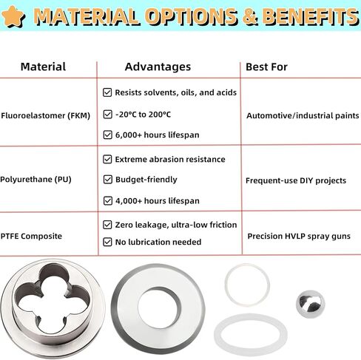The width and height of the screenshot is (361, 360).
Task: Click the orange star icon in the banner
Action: point(13,16)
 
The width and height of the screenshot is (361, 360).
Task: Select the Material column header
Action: point(43,67)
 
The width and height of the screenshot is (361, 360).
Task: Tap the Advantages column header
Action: point(158,67)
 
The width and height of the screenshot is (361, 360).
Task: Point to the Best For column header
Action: point(266,67)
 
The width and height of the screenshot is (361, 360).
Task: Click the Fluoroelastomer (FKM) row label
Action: point(46,115)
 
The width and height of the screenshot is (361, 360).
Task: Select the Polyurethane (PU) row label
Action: point(36,180)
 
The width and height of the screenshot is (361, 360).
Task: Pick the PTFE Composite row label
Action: point(31,236)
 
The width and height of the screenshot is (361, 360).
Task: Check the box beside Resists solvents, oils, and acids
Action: point(107,92)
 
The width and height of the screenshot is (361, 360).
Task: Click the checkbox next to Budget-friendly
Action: point(107,180)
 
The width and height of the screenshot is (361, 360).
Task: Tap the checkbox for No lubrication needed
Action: point(107,242)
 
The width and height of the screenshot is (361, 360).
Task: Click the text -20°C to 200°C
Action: point(143,115)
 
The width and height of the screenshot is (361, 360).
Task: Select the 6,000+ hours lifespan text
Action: point(158,135)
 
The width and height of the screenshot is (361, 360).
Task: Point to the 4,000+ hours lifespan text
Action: point(158,201)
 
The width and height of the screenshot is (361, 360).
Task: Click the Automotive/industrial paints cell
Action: point(303,115)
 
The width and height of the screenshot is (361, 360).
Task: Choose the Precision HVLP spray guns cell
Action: point(299,237)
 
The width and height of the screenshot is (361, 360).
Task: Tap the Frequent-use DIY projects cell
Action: point(296,180)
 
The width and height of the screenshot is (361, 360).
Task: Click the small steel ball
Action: point(311,304)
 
